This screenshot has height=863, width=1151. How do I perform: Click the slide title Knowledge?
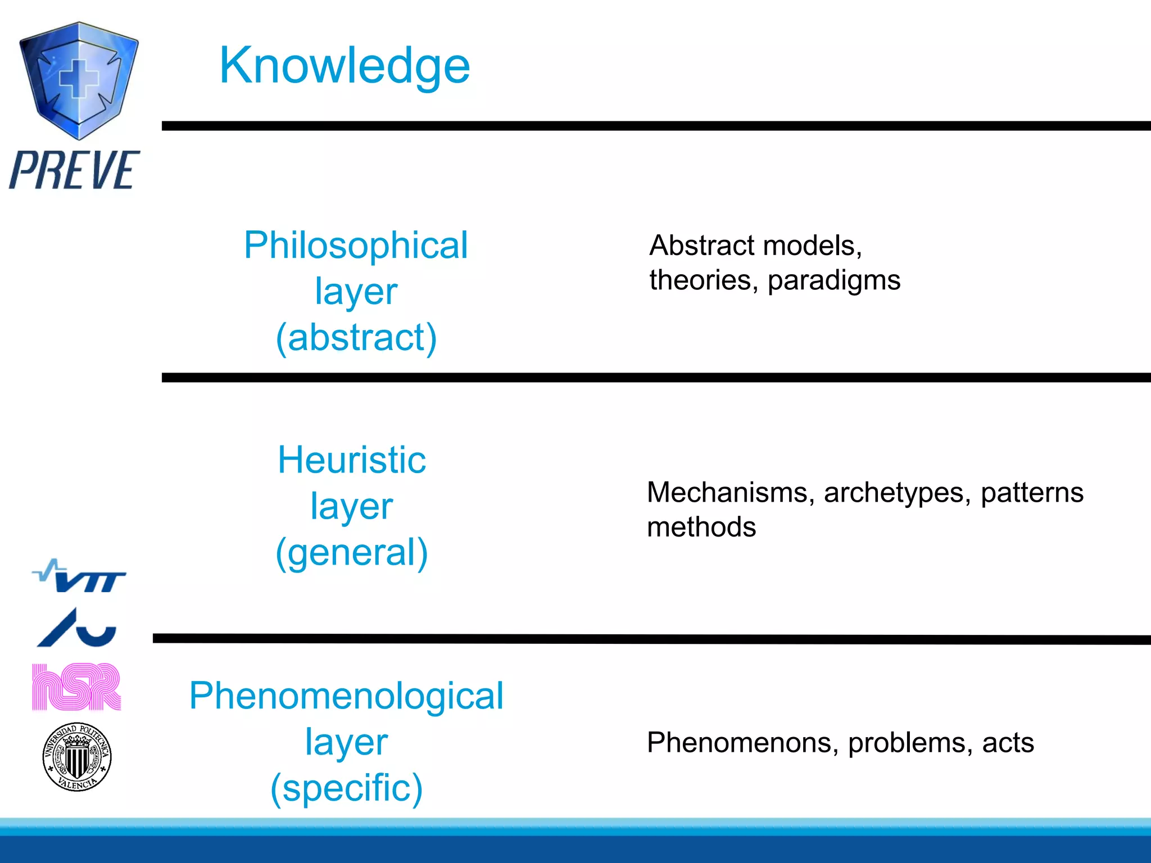(x=344, y=66)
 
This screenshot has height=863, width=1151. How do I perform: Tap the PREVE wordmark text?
(x=74, y=170)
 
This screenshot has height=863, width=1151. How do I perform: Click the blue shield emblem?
(x=79, y=80)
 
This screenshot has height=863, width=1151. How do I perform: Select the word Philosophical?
(x=356, y=246)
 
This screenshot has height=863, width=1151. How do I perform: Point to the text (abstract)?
(x=356, y=338)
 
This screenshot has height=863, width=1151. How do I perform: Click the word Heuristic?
(x=352, y=460)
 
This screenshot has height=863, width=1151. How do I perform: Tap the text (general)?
(x=352, y=552)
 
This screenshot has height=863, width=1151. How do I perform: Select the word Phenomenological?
(x=346, y=696)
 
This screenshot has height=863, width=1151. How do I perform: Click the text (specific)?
(x=346, y=788)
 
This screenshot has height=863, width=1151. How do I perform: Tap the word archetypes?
(x=897, y=493)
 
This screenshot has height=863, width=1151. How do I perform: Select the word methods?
(x=701, y=528)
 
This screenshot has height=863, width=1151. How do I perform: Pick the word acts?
(x=1008, y=743)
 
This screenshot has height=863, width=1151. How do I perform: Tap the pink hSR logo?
(x=76, y=687)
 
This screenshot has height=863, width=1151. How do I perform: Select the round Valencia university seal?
(x=78, y=757)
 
